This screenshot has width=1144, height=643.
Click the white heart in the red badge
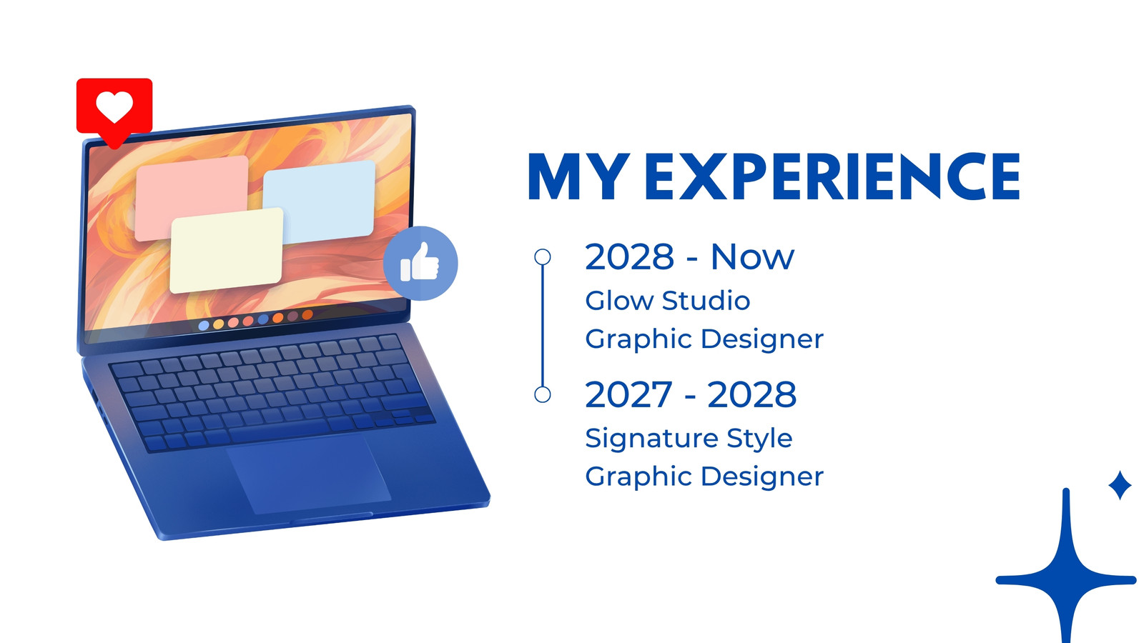[114, 106]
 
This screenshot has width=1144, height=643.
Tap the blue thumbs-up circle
[420, 264]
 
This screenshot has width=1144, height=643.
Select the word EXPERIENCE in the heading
[832, 176]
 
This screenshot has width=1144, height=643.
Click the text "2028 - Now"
[689, 256]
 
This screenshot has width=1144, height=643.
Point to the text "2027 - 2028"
[691, 394]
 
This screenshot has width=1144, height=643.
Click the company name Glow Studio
[668, 300]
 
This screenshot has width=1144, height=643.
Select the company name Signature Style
[689, 439]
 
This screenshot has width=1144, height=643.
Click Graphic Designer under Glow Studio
[704, 339]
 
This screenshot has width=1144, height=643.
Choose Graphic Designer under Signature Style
[704, 477]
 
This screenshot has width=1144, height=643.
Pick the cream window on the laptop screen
[226, 250]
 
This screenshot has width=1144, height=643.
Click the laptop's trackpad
[309, 474]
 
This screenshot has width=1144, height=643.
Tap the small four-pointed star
[1120, 485]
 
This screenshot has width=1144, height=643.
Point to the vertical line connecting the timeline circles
[543, 326]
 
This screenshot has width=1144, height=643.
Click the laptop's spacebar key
[278, 433]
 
